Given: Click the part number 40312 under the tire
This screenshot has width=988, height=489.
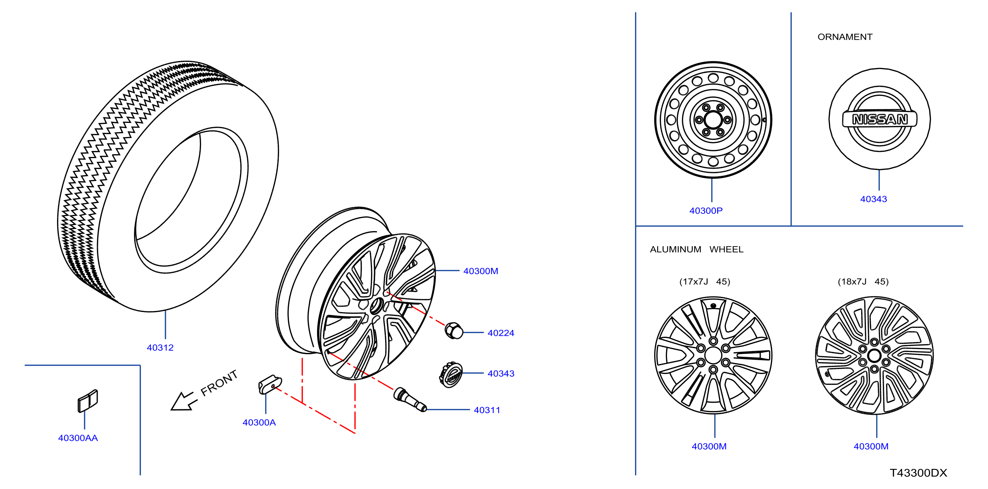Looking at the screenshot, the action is click(160, 348).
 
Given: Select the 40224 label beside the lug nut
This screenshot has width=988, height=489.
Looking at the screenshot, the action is click(501, 333).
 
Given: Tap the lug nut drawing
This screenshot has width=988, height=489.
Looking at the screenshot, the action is click(454, 331).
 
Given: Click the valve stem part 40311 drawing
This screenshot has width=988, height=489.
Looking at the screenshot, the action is click(410, 400).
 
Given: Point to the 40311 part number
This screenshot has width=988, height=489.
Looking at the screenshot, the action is click(487, 410).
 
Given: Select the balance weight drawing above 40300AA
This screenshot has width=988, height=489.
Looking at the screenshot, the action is click(88, 401).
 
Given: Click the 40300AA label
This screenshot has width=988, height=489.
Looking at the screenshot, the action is click(78, 438).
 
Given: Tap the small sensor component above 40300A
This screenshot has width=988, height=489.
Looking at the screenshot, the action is click(270, 384).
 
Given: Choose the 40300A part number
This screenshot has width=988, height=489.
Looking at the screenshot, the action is click(259, 422).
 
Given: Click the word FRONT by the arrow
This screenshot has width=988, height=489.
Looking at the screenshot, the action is click(219, 383).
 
